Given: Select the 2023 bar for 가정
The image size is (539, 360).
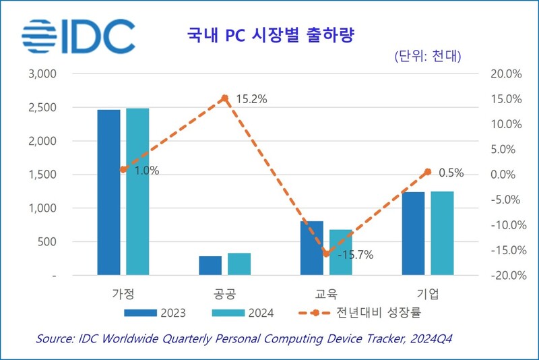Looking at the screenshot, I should [108, 192].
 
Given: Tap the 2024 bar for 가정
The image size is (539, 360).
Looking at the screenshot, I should [137, 191].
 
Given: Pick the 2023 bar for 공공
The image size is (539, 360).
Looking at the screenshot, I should [210, 266].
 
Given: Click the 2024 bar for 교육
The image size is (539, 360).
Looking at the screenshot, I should [341, 252].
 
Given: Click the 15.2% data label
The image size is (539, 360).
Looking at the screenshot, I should [251, 99].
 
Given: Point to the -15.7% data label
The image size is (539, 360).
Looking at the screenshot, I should [355, 255].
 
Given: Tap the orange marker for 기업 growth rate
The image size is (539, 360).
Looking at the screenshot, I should [428, 172].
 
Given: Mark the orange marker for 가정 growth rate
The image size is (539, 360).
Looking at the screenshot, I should [123, 170].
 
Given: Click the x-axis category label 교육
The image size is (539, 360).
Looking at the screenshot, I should [325, 294].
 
